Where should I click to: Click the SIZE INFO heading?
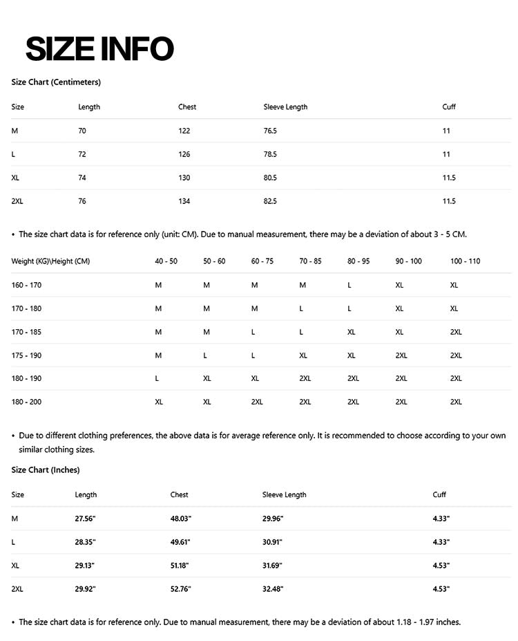tap(99, 48)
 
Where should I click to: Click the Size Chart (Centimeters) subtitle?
tap(56, 82)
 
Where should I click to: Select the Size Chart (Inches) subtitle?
tap(46, 470)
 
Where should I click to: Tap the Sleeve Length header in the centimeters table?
tap(285, 107)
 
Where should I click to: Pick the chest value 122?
tap(184, 131)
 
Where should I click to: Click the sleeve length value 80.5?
tap(270, 178)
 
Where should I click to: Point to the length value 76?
tap(82, 201)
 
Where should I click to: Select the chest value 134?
tap(184, 201)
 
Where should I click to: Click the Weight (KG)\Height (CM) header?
tap(50, 261)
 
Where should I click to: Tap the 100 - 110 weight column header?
tap(465, 261)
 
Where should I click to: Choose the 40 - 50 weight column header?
tap(166, 261)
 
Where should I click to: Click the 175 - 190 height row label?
tap(26, 355)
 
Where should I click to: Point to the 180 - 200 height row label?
tap(26, 402)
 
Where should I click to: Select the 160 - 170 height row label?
tap(26, 285)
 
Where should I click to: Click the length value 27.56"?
tap(85, 519)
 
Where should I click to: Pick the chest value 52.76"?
tap(180, 589)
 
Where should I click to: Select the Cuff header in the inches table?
tap(439, 495)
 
